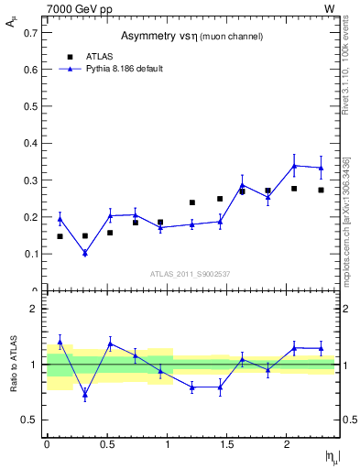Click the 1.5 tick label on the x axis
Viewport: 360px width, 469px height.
[228, 443]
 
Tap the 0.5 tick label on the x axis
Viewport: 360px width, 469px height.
[107, 443]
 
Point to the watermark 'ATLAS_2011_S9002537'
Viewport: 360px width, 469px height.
[190, 274]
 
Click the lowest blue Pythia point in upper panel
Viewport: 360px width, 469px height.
[84, 253]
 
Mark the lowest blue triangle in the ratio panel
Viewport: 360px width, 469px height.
[84, 396]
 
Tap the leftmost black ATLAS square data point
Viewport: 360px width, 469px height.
[60, 236]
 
